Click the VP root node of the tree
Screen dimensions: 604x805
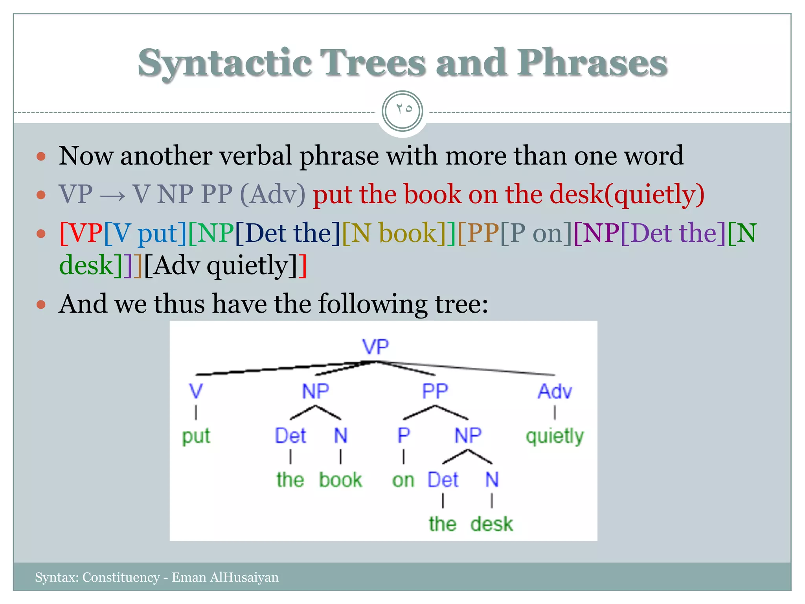pos(375,347)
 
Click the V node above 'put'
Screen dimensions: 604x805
pos(196,391)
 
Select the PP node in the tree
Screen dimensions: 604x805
pos(435,391)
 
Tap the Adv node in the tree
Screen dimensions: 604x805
pos(555,391)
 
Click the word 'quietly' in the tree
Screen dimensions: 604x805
pos(555,436)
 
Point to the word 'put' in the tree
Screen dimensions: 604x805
pos(196,436)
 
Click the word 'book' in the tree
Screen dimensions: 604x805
pos(340,480)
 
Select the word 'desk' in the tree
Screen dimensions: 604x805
pos(492,524)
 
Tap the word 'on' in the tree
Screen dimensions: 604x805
pos(403,480)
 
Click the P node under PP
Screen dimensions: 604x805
pos(404,435)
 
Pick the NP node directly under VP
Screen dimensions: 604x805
pos(315,391)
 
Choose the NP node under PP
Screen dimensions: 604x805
pos(468,435)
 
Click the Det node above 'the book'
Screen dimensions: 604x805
pos(290,435)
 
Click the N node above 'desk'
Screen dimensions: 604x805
pos(492,480)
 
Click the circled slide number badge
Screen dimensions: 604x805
pos(402,111)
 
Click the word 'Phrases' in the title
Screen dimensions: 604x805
pos(592,63)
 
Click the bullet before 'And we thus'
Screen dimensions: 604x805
pos(41,305)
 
